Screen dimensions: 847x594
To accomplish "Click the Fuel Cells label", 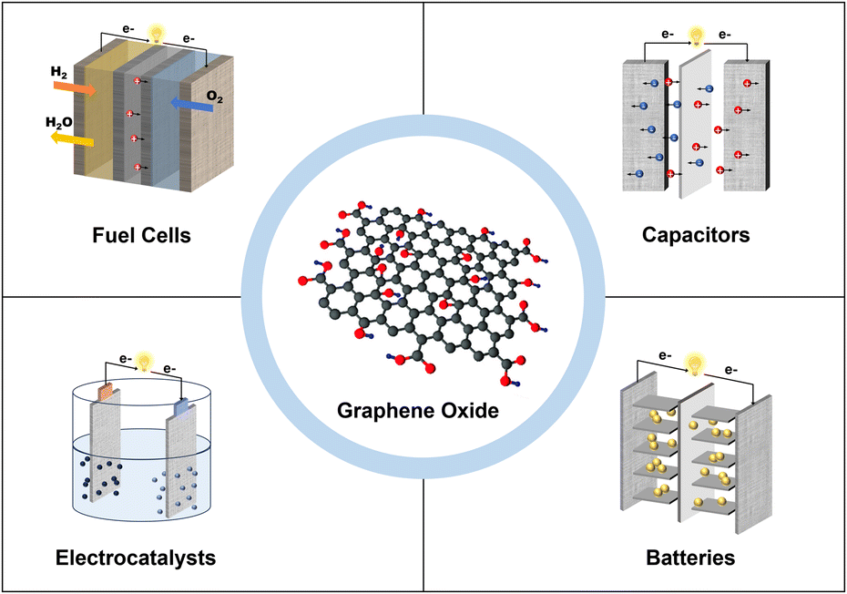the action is click(141, 236).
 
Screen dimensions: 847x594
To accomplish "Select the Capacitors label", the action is click(696, 235).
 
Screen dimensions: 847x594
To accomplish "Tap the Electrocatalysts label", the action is click(136, 558).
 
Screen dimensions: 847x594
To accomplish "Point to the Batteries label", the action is click(690, 558).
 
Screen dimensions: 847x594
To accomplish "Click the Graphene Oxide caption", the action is click(417, 411).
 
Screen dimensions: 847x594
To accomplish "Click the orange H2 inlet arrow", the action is click(75, 87).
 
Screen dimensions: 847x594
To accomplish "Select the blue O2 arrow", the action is click(191, 105).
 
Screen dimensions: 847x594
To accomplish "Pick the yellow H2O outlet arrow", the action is click(72, 139).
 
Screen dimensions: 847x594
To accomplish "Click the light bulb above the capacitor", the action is click(697, 36).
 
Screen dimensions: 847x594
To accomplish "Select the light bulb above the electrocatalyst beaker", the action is click(144, 362).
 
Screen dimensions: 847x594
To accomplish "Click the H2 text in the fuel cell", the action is click(59, 72).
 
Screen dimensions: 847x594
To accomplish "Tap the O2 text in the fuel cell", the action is click(214, 97).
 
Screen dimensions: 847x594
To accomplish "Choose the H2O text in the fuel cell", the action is click(59, 123).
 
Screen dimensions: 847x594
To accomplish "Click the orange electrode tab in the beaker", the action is click(105, 392).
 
